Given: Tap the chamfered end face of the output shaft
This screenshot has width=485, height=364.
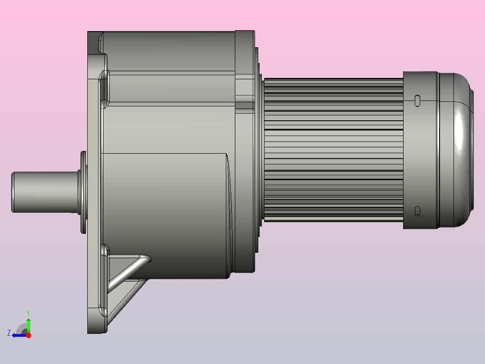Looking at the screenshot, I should pos(13,192).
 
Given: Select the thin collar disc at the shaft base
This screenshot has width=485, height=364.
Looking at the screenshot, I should pos(83,192).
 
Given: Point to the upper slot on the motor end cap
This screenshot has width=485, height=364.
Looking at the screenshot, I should pos(418,100).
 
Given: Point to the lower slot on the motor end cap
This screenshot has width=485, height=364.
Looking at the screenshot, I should pos(418,210).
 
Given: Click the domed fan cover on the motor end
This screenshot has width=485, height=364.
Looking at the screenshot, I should pos(454,149).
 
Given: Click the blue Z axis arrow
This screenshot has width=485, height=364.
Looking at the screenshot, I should pos(18,335).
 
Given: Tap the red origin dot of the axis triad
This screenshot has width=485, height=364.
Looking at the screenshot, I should pos(28,335).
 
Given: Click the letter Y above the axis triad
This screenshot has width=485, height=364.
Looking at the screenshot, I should pos(28,313).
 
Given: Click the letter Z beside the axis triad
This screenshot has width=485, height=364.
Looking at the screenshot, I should pos(9,333).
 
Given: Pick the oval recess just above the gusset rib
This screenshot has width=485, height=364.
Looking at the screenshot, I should pos(105,250).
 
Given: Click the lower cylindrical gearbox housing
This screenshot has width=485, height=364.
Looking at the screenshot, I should pos(166,216).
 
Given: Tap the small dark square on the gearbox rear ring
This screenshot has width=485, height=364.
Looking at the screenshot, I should pos(244,106).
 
